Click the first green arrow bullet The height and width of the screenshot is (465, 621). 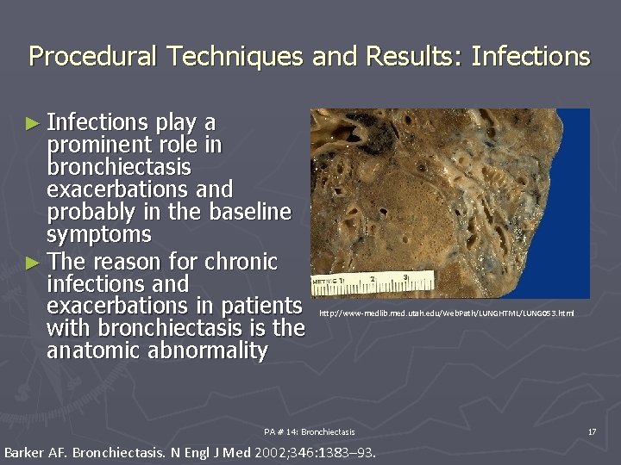[x=32, y=124]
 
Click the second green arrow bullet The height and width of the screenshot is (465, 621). [x=32, y=262]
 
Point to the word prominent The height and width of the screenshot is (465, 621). [x=96, y=145]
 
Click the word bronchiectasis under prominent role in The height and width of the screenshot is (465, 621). [x=119, y=166]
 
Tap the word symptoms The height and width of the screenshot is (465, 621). [x=99, y=234]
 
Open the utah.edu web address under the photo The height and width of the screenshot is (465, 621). [x=447, y=313]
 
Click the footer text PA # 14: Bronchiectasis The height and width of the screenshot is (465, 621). [x=309, y=431]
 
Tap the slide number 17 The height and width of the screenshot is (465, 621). [x=592, y=431]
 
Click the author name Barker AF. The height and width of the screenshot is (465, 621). [x=36, y=452]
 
